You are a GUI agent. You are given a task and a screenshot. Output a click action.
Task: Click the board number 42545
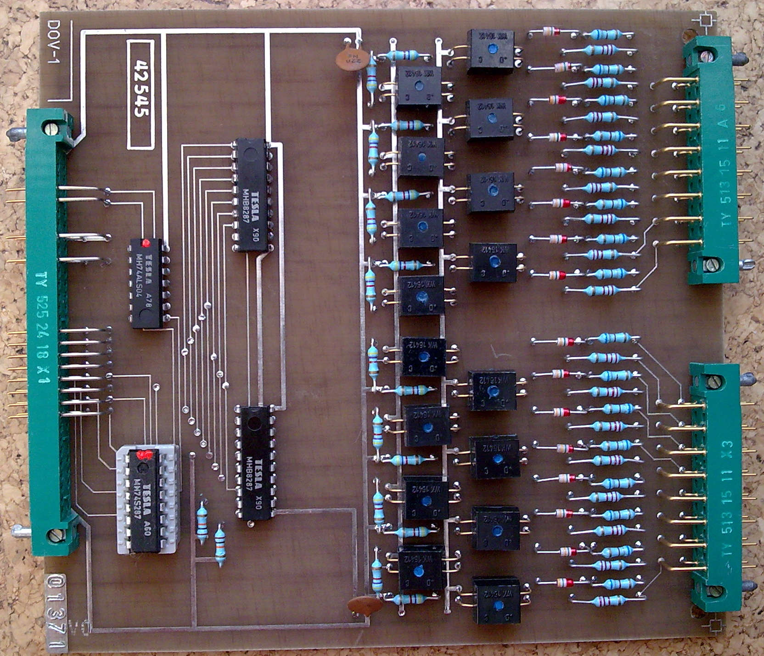[x=141, y=94]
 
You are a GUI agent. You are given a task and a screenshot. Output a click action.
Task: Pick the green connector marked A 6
[x=712, y=161]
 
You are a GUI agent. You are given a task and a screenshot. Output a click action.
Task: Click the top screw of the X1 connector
[x=51, y=127]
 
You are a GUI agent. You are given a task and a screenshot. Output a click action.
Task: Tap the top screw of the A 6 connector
[x=705, y=56]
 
